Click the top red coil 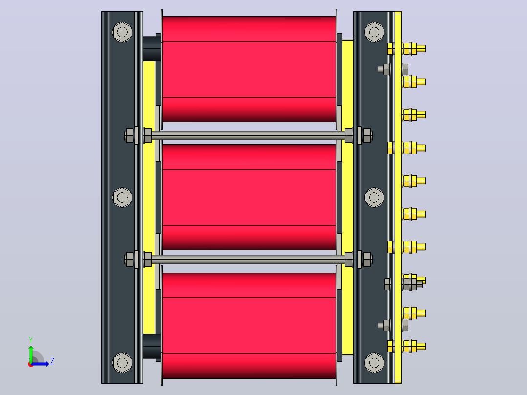(249, 69)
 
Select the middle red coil (249, 197)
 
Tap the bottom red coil (249, 326)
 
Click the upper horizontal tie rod (248, 135)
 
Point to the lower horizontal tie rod (248, 259)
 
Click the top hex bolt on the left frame (122, 32)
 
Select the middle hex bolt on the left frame (122, 197)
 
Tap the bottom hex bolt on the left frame (122, 363)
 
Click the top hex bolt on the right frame (374, 32)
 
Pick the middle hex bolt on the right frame (374, 197)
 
